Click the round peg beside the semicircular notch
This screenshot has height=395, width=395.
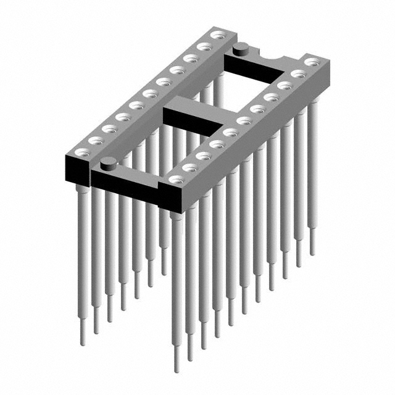point(242,46)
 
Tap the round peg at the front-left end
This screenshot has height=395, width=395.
point(109,163)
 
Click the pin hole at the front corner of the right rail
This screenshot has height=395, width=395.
point(177,180)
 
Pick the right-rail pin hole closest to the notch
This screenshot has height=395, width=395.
point(312,61)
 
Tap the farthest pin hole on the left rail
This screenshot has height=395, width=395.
point(217,36)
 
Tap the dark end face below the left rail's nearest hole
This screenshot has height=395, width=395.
point(77,167)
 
